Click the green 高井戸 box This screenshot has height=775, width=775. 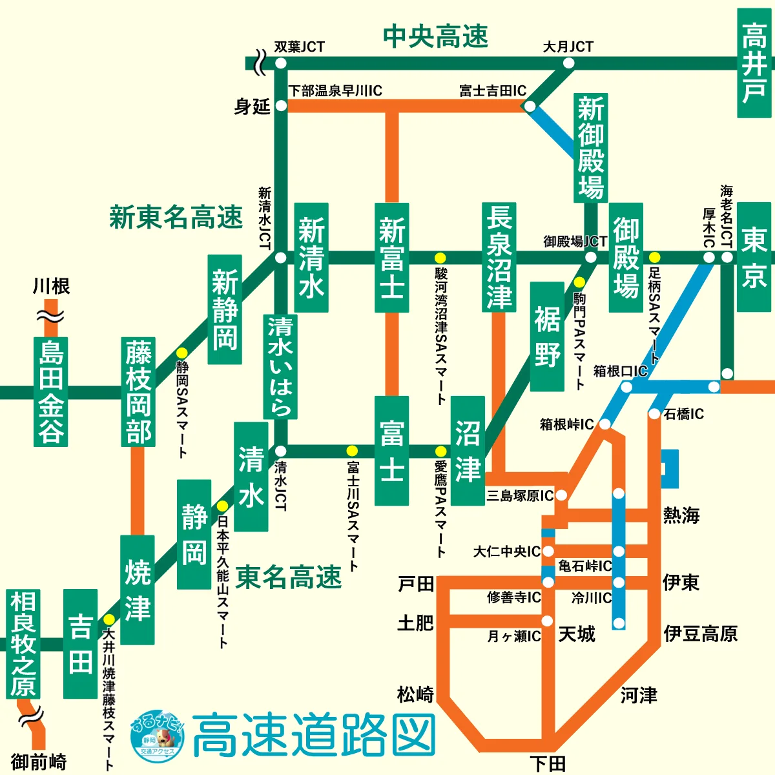point(754,63)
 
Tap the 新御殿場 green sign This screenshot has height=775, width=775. point(591,147)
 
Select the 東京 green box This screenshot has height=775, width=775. point(754,256)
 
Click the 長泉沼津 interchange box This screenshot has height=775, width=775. point(499,256)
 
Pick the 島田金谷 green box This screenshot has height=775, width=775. point(50,391)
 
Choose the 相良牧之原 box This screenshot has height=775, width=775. point(23,644)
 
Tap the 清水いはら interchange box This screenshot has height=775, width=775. point(280,366)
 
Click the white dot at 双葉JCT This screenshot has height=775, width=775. point(280,63)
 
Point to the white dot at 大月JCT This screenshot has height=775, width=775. point(568,63)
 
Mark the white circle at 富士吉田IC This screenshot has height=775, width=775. point(530,106)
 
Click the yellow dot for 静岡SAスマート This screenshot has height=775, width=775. point(182,353)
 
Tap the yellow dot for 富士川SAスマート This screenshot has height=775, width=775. point(352,451)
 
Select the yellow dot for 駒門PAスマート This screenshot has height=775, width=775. point(579,282)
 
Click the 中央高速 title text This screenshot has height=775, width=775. point(435,37)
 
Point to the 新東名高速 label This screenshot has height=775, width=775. point(176,217)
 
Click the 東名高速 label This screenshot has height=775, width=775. point(288,577)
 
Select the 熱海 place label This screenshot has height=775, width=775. point(681,515)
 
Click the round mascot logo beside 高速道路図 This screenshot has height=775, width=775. point(157,735)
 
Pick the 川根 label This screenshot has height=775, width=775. point(51,286)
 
